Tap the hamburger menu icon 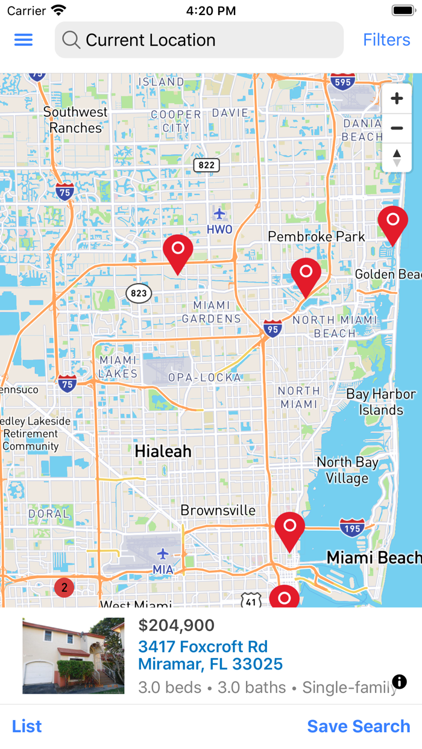(x=24, y=40)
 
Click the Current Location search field (x=199, y=40)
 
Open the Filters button (x=386, y=40)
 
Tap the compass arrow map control (x=397, y=158)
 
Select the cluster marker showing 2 (x=65, y=588)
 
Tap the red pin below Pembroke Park (x=306, y=276)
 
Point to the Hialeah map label (x=163, y=451)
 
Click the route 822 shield (x=207, y=164)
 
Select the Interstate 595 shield (x=342, y=82)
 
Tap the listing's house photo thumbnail (x=74, y=656)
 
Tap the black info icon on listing (x=399, y=682)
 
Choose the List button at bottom (x=27, y=726)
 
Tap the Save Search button (x=359, y=726)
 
